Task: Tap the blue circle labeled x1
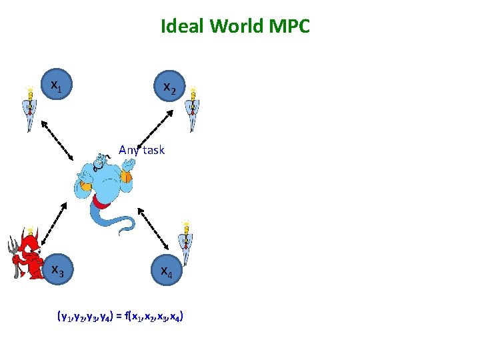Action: tap(58, 85)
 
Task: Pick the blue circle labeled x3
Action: tap(58, 270)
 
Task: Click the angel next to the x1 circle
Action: tap(28, 107)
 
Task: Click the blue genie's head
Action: tap(99, 161)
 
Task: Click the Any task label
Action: tap(141, 150)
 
